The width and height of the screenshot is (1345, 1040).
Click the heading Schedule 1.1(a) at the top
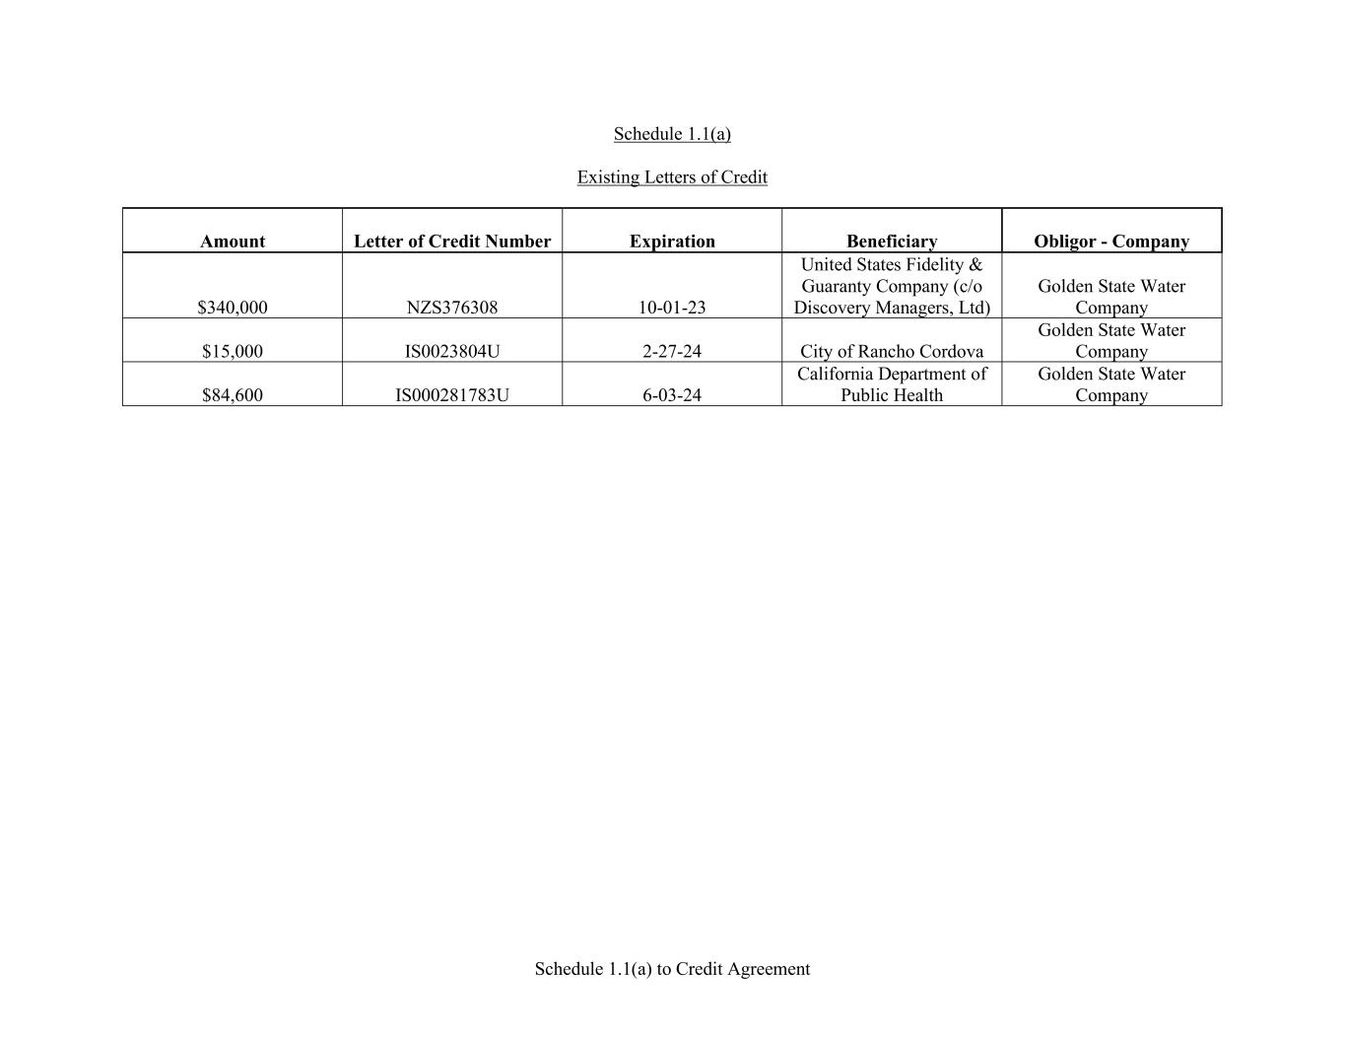tap(672, 134)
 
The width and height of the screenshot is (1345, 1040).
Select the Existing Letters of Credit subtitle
tap(672, 177)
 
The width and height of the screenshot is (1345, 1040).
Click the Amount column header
tap(233, 242)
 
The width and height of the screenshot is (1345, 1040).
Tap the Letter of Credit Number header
tap(452, 242)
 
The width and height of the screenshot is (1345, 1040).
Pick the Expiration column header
tap(672, 242)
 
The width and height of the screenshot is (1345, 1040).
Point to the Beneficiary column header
tap(892, 242)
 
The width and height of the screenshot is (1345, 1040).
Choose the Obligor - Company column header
tap(1111, 242)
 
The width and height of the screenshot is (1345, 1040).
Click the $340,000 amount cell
tap(233, 308)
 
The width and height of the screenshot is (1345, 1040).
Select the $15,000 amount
tap(233, 352)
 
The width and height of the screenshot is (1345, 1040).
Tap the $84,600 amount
tap(233, 395)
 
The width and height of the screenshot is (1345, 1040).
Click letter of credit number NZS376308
tap(452, 308)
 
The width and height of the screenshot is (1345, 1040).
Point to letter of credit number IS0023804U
tap(452, 352)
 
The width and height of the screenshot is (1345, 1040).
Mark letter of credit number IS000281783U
tap(452, 395)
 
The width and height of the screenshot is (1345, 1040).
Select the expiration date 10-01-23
tap(672, 308)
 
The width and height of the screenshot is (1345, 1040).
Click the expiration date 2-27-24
tap(672, 352)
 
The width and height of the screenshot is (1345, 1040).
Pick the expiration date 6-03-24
tap(672, 395)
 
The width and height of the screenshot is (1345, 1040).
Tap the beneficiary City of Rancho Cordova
tap(892, 352)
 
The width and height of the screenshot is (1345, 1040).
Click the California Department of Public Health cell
tap(892, 384)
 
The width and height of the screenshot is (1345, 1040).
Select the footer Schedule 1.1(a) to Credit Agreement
tap(672, 969)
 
